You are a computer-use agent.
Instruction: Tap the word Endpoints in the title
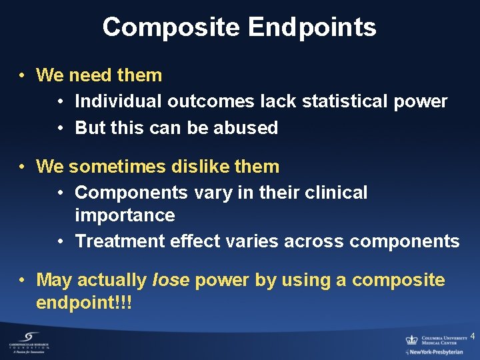312,28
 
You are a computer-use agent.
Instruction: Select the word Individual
119,101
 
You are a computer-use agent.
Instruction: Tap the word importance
125,215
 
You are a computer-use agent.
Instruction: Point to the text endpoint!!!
84,303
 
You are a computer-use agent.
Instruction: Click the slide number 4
472,335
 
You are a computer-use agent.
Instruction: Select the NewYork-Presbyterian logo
434,351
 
